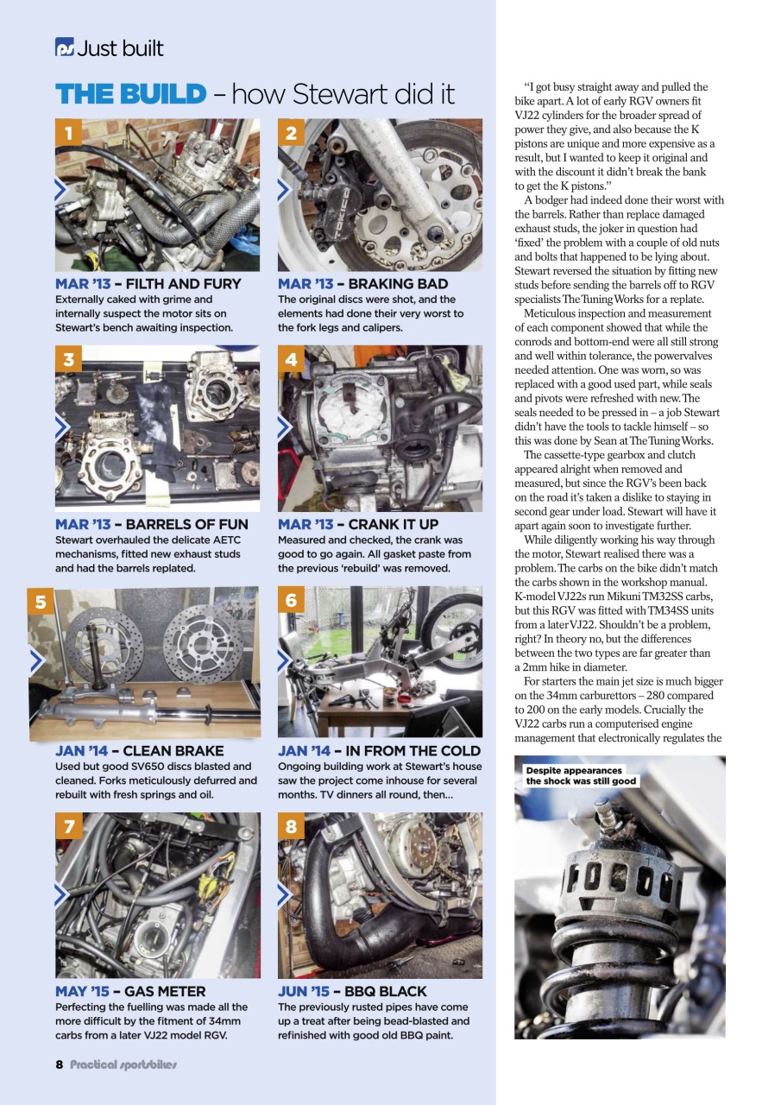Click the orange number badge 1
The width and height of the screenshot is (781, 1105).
pos(68,134)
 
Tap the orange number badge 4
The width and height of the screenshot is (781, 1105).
pos(291,360)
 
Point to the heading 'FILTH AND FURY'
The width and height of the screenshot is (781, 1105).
pos(182,284)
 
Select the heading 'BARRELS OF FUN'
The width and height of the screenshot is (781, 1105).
pos(186,525)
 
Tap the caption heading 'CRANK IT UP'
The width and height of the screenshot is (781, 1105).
pos(393,525)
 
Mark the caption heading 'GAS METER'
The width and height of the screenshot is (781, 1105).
pos(165,992)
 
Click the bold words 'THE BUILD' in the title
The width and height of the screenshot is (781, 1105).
pos(130,94)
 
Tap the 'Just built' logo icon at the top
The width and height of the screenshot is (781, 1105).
pos(64,48)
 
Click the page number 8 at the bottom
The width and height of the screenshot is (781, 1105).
pos(60,1064)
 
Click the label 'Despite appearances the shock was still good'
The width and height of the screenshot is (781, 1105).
pos(581,775)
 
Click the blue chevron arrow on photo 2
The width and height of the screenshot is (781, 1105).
pos(284,191)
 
